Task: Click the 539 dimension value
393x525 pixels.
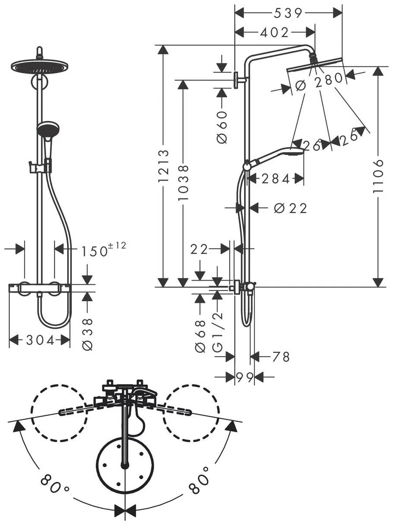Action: coord(288,13)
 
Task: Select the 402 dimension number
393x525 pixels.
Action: coord(274,33)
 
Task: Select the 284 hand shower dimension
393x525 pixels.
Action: coord(276,179)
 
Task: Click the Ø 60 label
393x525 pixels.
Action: coord(222,127)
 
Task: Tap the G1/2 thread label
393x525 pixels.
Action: coord(218,333)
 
